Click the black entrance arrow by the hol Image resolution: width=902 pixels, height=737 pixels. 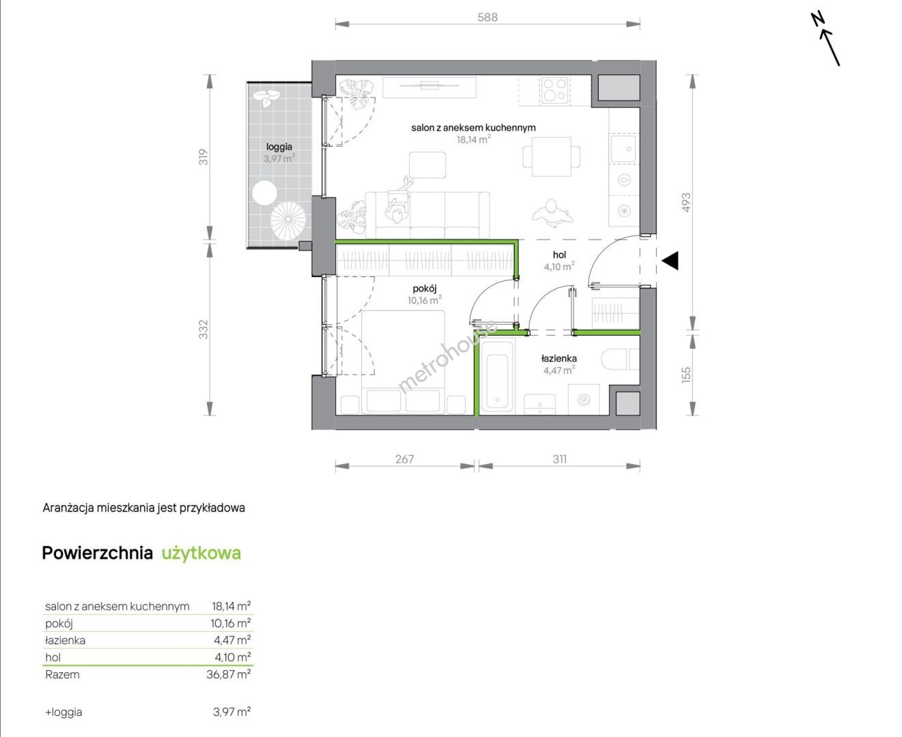(671, 261)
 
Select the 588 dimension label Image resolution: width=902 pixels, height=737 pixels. (488, 17)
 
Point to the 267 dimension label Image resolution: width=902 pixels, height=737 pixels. (405, 459)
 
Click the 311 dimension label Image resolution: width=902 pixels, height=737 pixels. (560, 459)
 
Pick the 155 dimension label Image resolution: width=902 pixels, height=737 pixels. (686, 375)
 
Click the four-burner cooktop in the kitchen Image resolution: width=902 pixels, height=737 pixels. (554, 90)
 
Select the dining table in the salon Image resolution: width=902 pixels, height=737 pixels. (552, 157)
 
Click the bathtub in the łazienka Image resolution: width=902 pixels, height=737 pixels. (497, 375)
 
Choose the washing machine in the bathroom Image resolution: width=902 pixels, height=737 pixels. (584, 399)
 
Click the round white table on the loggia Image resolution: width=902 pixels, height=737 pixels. (264, 193)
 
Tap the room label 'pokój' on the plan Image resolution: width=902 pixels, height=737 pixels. (425, 289)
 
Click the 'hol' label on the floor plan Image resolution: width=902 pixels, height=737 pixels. (559, 255)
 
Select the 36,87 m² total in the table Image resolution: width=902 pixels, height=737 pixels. (228, 675)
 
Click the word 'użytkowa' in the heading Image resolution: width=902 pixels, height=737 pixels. (201, 553)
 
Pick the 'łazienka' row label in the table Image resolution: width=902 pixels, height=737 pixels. (66, 640)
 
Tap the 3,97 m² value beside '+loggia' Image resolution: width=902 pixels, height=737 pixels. (231, 712)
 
